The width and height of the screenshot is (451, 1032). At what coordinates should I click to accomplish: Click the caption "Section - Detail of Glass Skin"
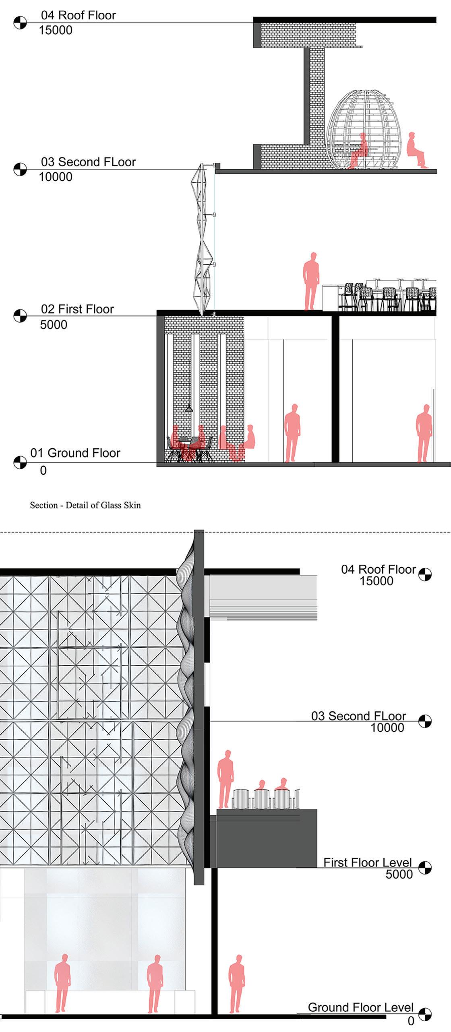[85, 505]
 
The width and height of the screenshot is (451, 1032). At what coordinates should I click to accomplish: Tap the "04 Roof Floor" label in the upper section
[78, 15]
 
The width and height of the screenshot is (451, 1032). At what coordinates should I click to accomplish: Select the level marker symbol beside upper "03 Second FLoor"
[20, 169]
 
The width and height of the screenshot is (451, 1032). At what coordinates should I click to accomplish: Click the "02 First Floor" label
[77, 309]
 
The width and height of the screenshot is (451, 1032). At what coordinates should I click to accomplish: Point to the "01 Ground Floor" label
[75, 453]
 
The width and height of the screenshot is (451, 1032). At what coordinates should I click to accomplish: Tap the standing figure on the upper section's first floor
[311, 281]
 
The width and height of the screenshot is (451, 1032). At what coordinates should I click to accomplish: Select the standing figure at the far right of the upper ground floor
[424, 433]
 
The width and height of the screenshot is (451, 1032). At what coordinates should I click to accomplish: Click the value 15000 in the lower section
[376, 581]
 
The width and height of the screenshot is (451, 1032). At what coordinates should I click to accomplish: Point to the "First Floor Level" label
[367, 862]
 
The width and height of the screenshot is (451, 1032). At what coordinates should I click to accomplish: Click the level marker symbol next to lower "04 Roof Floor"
[425, 574]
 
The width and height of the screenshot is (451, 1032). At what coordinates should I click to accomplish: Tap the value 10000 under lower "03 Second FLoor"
[387, 727]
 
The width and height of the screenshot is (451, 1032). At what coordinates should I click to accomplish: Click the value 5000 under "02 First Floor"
[54, 325]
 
